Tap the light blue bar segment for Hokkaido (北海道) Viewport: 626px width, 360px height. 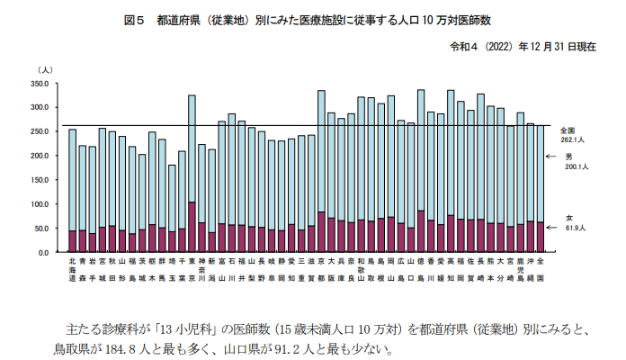(x=72, y=180)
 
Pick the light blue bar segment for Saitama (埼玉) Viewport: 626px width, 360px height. (x=172, y=198)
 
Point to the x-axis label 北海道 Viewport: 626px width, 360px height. (x=72, y=270)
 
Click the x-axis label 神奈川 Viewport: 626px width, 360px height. (x=201, y=270)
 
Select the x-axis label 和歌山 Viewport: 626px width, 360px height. (x=361, y=270)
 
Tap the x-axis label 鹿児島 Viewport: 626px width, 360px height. (x=520, y=270)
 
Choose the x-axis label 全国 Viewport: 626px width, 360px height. (x=540, y=265)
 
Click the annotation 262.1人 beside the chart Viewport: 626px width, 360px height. (x=573, y=139)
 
